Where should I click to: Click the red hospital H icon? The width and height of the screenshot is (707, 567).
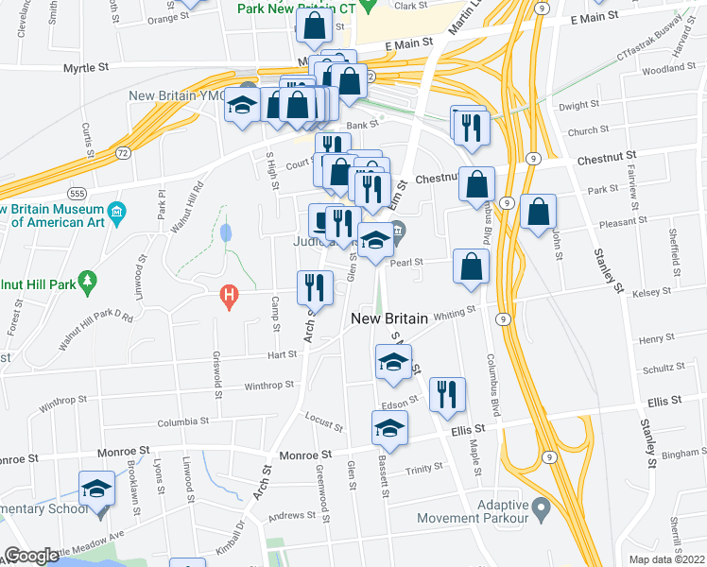[x=227, y=297]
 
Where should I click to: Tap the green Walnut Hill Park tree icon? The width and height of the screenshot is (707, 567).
[x=87, y=281]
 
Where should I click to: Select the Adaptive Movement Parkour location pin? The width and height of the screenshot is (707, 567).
[x=542, y=510]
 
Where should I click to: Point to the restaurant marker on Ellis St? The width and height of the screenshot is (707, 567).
[x=447, y=394]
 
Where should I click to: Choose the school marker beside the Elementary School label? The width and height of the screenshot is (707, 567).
[x=95, y=489]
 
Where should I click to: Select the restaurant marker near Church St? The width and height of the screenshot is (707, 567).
[x=472, y=126]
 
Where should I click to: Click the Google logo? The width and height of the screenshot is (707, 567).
[x=30, y=556]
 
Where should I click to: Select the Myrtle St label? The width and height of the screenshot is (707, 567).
[x=86, y=68]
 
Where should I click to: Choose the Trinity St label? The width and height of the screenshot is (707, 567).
[x=424, y=469]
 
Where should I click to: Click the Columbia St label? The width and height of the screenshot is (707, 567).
[x=181, y=421]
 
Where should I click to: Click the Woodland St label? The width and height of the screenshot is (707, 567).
[x=662, y=70]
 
